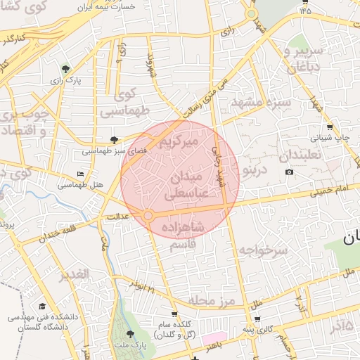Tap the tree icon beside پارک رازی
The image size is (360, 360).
pos(65,69)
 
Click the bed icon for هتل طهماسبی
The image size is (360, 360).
pos(80,173)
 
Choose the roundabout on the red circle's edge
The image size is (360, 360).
pos(148,215)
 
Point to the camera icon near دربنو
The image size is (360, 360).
pos(289,172)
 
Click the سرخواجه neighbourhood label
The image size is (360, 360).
pos(262,250)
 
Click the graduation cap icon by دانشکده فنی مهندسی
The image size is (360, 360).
pos(41,307)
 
